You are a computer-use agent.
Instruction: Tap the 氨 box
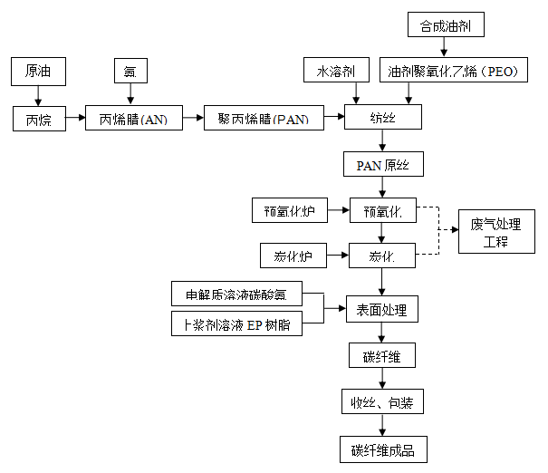tap(130, 71)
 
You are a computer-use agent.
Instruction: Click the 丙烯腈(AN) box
tap(133, 119)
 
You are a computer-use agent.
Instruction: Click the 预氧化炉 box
tap(288, 212)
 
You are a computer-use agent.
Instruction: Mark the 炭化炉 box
tap(293, 256)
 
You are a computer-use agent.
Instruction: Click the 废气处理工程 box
tap(495, 233)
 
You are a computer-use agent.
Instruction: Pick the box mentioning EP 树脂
tap(236, 323)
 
